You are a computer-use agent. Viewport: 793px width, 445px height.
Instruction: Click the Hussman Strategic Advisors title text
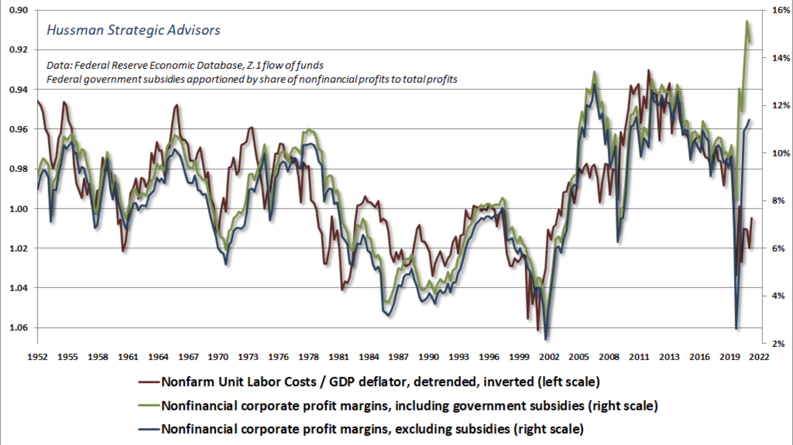tap(134, 30)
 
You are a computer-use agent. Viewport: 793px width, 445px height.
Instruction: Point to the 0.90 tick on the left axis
tap(18, 10)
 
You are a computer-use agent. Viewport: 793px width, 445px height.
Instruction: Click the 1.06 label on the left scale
tap(18, 327)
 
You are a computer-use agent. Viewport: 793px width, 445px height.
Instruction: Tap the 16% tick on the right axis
tap(780, 10)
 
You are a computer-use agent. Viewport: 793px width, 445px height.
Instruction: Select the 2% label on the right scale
tap(778, 344)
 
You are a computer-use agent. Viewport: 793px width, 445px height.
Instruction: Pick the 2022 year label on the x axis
tap(759, 357)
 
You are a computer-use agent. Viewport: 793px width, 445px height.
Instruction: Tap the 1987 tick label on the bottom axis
tap(398, 357)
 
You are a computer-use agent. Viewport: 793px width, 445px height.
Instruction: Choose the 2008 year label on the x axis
tap(609, 357)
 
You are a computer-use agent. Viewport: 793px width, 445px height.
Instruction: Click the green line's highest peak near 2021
tap(747, 21)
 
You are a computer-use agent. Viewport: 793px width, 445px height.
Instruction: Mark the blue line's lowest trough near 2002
tap(546, 339)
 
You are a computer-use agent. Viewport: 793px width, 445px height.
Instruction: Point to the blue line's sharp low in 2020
tap(736, 328)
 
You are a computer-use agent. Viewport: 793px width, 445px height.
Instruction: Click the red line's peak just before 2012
tap(648, 70)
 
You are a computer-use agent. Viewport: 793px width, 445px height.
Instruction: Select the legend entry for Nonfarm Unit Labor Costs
tap(380, 382)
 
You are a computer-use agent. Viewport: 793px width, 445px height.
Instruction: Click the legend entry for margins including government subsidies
tap(409, 405)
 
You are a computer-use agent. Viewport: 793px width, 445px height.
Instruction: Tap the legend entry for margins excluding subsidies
tap(372, 429)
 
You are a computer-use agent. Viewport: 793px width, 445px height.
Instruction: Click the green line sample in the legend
tap(149, 405)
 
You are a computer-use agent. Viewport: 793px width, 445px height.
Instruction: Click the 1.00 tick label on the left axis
tap(18, 209)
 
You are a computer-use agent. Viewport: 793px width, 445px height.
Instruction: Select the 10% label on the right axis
tap(780, 153)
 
